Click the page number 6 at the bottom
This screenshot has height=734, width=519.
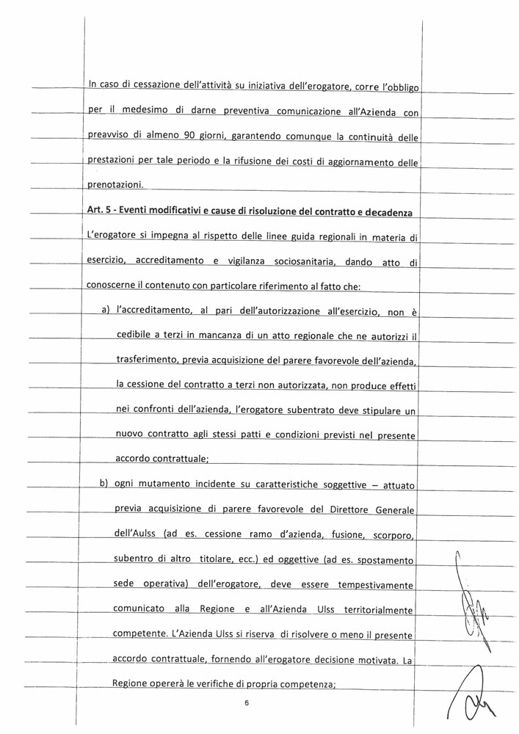(x=247, y=702)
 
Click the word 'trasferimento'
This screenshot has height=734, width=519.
(x=148, y=362)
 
